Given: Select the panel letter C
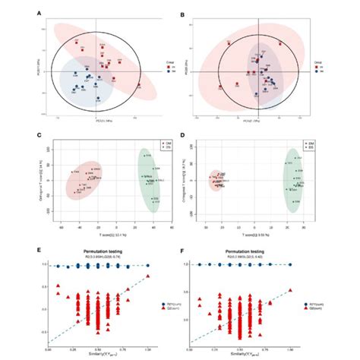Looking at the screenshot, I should point(39,134).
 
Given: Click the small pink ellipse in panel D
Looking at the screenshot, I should point(219,180).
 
